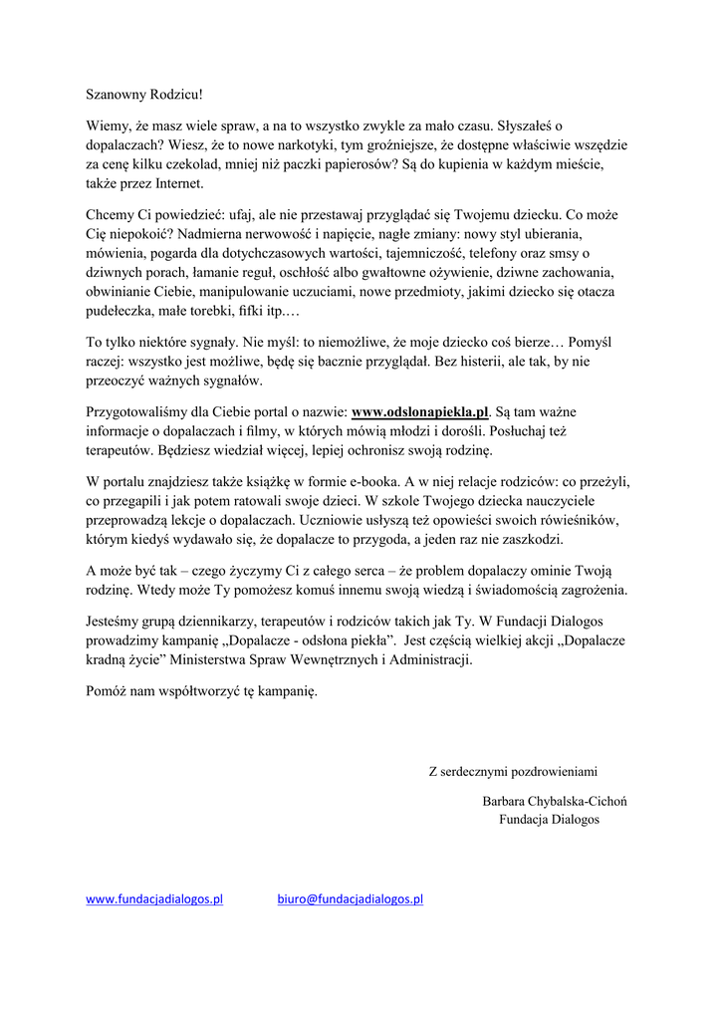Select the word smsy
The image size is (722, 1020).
[x=567, y=253]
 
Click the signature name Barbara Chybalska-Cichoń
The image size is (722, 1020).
[x=554, y=800]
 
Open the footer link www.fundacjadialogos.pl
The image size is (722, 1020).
[x=153, y=898]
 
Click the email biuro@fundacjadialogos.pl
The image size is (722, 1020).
[x=350, y=898]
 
